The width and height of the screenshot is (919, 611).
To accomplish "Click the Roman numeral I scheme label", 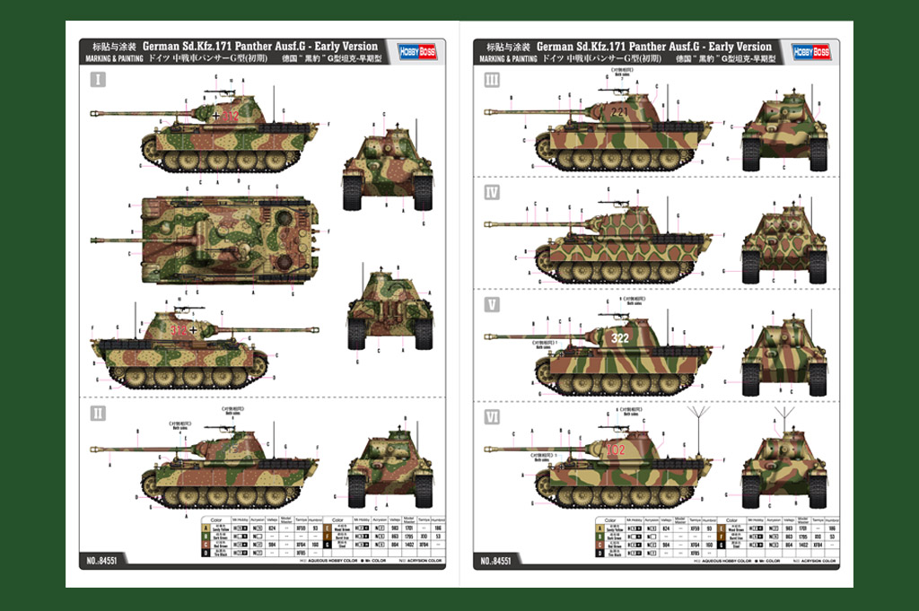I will click(x=98, y=80).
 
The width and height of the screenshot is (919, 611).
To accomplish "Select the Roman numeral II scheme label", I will click(x=98, y=413).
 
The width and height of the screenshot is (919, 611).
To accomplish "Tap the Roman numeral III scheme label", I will click(x=492, y=80).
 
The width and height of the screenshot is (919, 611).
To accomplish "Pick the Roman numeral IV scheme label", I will click(x=492, y=193).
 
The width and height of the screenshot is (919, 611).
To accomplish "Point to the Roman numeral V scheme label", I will click(x=492, y=304).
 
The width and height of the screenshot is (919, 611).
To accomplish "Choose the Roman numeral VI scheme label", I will click(x=492, y=416).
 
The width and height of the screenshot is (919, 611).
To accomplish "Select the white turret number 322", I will click(x=620, y=338).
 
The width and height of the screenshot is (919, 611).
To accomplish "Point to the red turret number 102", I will click(x=617, y=449).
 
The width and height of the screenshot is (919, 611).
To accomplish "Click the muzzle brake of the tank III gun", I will click(x=490, y=113).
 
